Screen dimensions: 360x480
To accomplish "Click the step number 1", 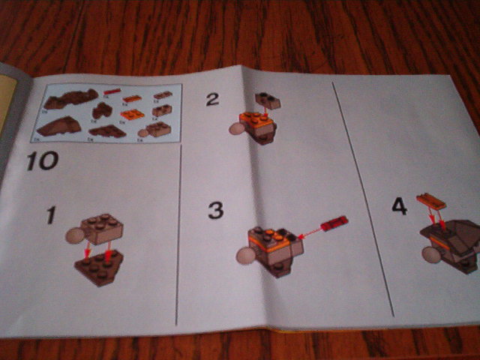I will [x=50, y=216].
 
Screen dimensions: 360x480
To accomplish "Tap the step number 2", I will [x=213, y=98].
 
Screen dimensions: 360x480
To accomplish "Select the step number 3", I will [x=216, y=210].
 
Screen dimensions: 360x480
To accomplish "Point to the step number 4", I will [x=399, y=205].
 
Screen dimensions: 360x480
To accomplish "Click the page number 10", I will [x=41, y=160].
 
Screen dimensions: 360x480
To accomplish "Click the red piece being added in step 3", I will [x=333, y=223].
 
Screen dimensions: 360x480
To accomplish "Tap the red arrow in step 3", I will [x=309, y=233].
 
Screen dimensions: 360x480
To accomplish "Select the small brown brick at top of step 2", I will [x=268, y=100].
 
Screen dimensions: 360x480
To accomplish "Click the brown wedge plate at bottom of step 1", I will [x=100, y=268].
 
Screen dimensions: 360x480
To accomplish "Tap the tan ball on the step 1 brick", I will [x=75, y=235].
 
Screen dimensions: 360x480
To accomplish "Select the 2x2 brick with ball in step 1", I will [x=103, y=227].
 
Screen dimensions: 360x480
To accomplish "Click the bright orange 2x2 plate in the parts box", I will [x=132, y=114].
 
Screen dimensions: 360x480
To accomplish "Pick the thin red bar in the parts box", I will [x=112, y=93].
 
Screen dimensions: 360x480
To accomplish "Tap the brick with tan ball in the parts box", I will [x=155, y=130].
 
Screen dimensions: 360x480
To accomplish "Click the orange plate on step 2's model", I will [x=255, y=118].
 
